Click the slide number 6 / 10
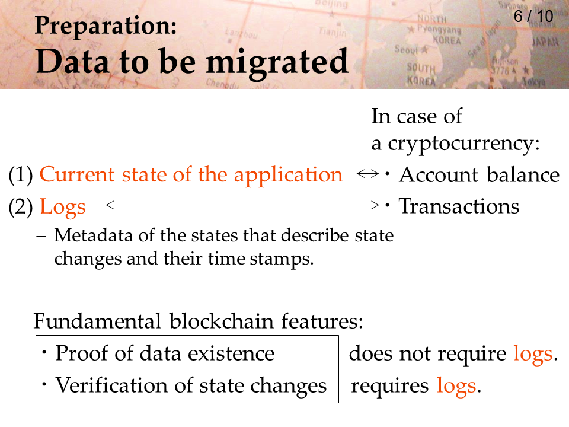click(533, 17)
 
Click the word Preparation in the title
click(106, 26)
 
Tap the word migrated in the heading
click(277, 62)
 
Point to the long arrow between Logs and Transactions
click(242, 205)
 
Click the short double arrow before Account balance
click(367, 174)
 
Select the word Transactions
click(459, 206)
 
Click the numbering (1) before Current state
click(21, 174)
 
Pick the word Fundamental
click(97, 321)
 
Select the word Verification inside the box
click(111, 385)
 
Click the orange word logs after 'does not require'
click(533, 354)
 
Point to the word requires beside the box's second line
click(390, 386)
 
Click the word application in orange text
click(288, 176)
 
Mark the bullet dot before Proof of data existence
click(44, 352)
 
